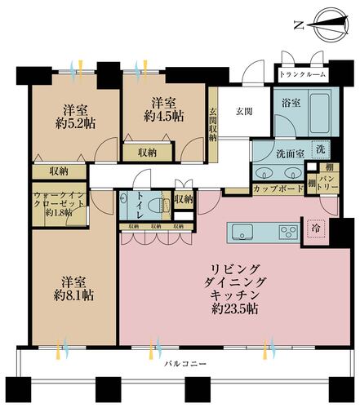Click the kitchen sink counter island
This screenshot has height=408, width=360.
(x=263, y=233)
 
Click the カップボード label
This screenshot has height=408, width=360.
(x=273, y=188)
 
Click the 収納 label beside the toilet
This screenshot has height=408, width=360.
(x=183, y=198)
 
